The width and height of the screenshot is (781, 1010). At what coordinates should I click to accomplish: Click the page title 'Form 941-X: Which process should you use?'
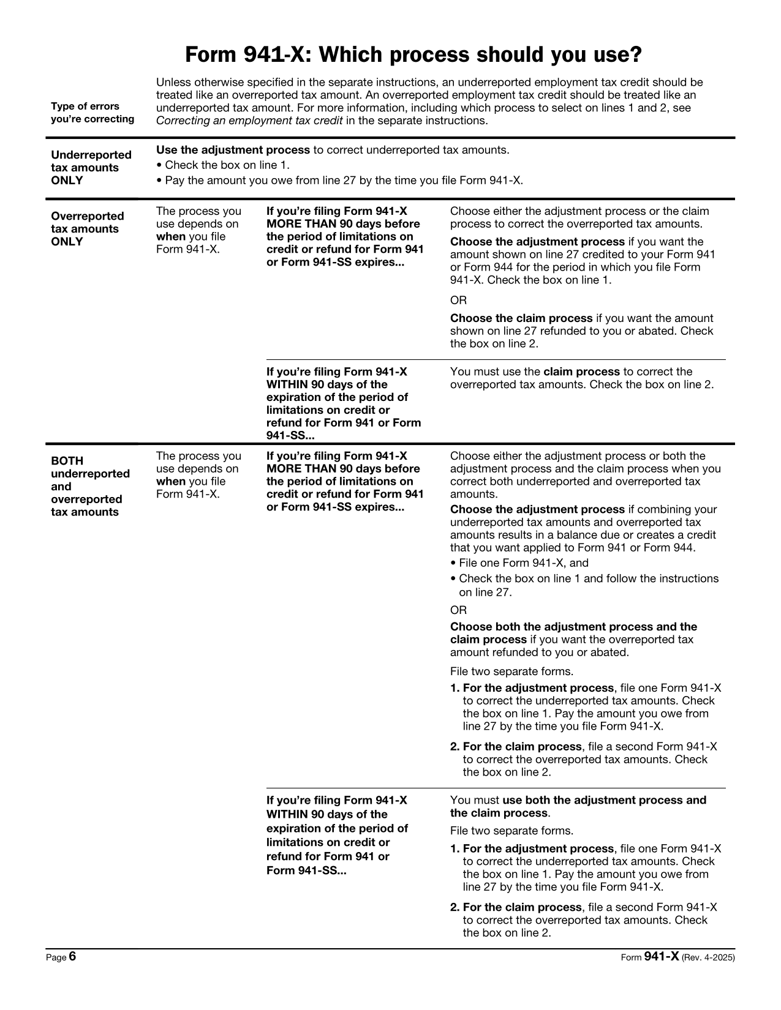413,55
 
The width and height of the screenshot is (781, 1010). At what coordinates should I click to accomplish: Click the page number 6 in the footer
72,957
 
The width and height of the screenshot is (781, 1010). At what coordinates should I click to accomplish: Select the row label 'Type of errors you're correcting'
92,113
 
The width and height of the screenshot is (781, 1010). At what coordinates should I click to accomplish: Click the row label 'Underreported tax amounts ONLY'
91,168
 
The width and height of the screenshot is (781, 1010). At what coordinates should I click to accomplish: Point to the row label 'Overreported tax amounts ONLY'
87,229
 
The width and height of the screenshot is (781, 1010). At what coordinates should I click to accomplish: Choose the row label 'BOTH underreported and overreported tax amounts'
90,487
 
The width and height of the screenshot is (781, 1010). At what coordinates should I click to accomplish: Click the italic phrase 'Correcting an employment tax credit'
249,121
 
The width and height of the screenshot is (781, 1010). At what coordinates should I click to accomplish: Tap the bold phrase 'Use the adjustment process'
233,150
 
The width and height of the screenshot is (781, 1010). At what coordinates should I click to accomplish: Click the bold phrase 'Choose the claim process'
521,318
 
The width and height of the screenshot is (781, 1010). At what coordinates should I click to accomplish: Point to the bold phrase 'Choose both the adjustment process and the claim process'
573,633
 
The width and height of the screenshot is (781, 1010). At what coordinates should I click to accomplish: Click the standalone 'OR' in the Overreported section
458,301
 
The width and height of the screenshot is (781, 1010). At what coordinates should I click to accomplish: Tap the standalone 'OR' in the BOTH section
458,610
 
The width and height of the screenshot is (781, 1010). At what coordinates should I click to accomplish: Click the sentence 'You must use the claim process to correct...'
581,378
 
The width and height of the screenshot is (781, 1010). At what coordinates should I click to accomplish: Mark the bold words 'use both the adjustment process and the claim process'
578,806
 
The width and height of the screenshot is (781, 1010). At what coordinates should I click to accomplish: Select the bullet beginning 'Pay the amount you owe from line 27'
343,181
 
